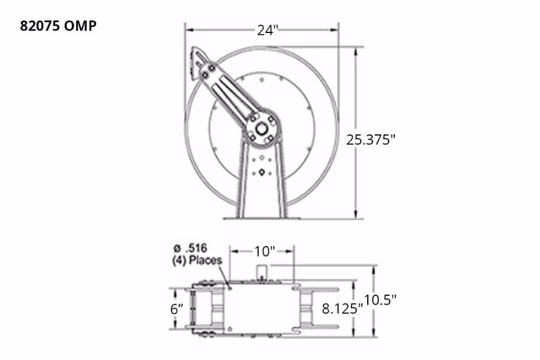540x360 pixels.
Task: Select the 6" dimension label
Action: point(177,309)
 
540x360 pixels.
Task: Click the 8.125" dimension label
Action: point(343,309)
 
